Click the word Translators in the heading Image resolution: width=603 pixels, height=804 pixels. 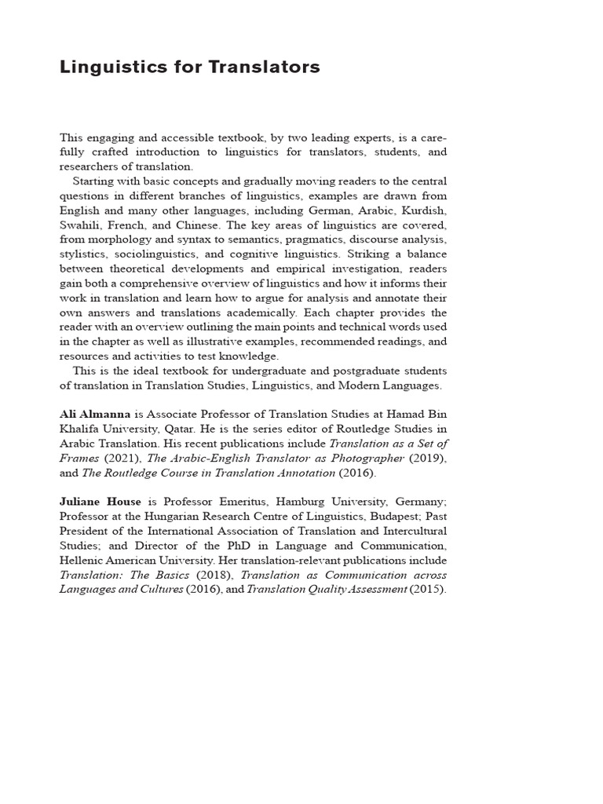pos(265,68)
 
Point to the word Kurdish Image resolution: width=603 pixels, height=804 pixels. pos(424,210)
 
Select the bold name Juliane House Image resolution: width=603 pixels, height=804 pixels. pos(101,501)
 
